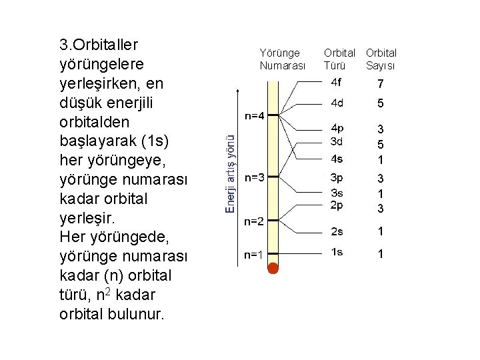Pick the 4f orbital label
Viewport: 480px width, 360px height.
tap(337, 83)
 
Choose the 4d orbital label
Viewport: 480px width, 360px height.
tap(337, 103)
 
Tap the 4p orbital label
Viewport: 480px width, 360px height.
tap(337, 128)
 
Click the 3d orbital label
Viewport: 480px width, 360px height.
tap(337, 141)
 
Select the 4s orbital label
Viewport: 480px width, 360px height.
tap(337, 159)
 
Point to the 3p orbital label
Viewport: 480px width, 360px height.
tap(337, 177)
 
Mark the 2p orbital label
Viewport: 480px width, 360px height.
tap(337, 205)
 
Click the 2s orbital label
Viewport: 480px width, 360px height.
tap(337, 231)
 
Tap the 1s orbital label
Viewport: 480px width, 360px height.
tap(337, 251)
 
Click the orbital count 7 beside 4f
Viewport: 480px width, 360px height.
tap(380, 84)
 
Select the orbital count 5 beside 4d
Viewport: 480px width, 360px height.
tap(380, 104)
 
